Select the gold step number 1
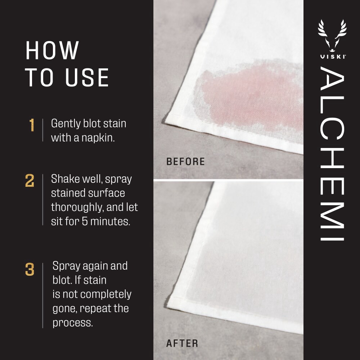pyautogui.click(x=32, y=125)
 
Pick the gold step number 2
pyautogui.click(x=30, y=181)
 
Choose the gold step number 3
pyautogui.click(x=30, y=270)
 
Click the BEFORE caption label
pyautogui.click(x=185, y=162)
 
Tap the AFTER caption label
pyautogui.click(x=182, y=343)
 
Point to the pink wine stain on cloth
pyautogui.click(x=248, y=94)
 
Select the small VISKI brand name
pyautogui.click(x=332, y=57)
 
